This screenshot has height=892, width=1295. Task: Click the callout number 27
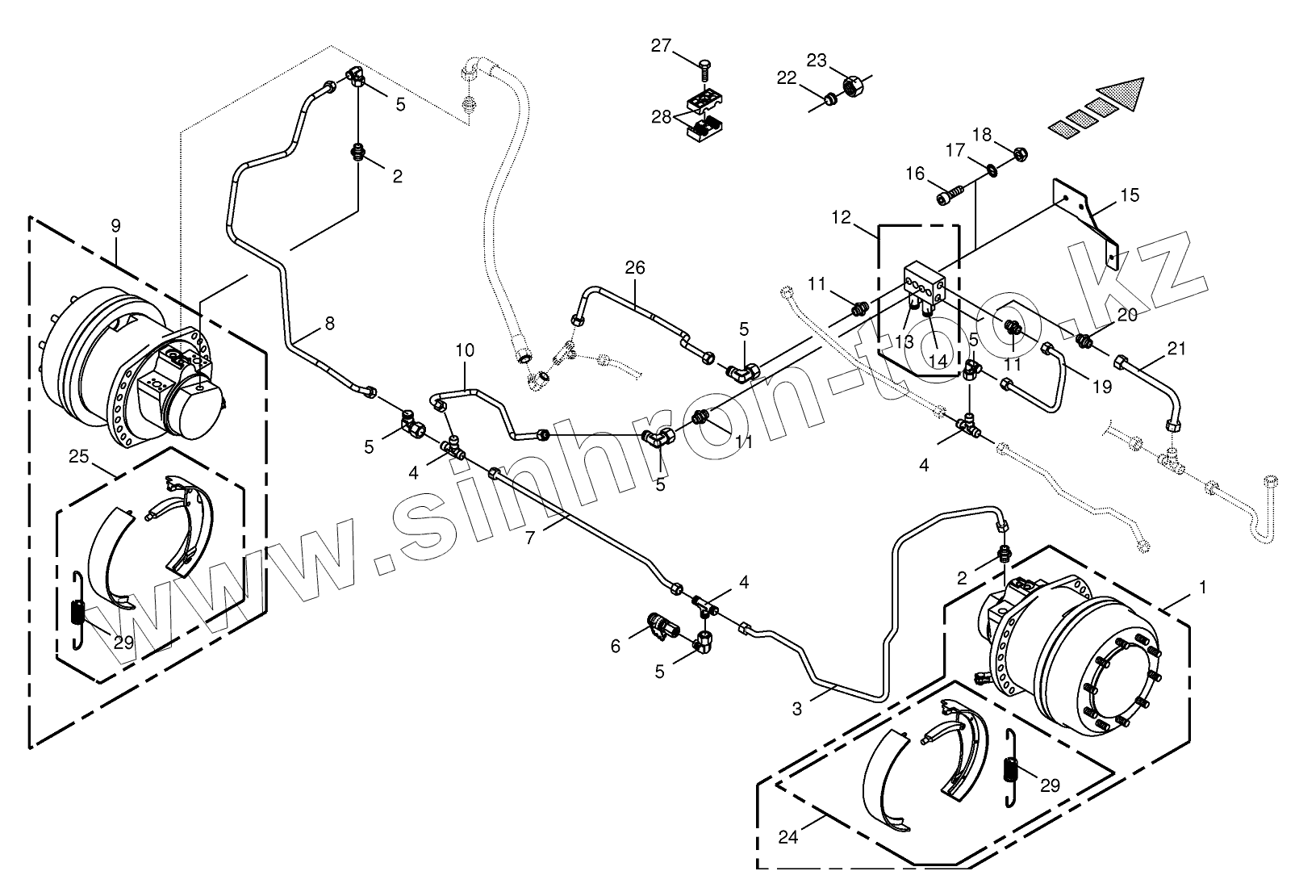pos(661,46)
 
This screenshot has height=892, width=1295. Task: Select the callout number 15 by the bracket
pos(1130,195)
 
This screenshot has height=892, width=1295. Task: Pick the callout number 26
pos(635,267)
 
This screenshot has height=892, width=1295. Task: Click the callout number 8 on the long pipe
pos(328,324)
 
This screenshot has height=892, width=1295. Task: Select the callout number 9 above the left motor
pos(115,225)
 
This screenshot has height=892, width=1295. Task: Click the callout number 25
pos(78,457)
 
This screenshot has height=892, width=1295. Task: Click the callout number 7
pos(530,537)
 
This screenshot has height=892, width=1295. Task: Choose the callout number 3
pos(797,709)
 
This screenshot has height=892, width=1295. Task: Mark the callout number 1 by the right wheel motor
pos(1202,588)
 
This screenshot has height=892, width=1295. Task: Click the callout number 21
pos(1177,349)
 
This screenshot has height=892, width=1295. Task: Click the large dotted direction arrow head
pos(1123,94)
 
